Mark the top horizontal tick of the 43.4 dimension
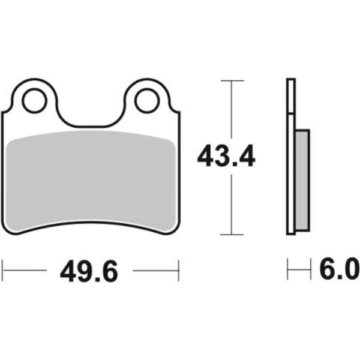click(232, 80)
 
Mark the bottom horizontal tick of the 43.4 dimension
click(232, 235)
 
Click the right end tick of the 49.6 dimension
click(178, 271)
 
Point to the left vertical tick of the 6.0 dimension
click(288, 271)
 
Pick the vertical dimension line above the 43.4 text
click(232, 111)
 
